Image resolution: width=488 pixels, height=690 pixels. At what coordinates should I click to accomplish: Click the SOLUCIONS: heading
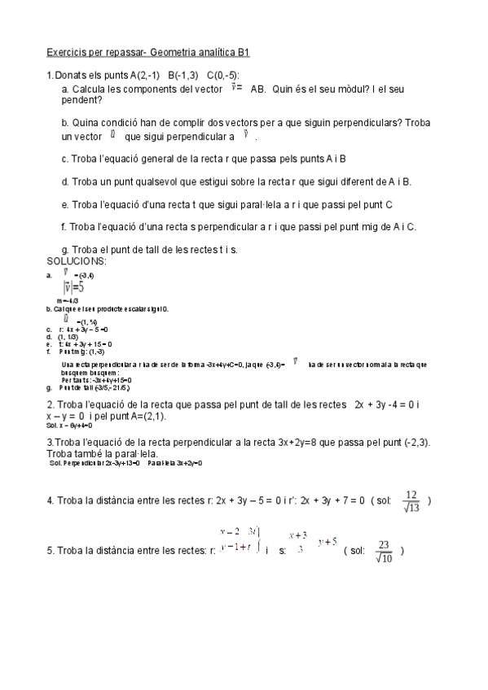point(77,261)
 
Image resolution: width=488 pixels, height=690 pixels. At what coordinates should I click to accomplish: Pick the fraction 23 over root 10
point(385,551)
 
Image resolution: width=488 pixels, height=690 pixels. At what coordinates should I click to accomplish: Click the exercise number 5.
point(50,551)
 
